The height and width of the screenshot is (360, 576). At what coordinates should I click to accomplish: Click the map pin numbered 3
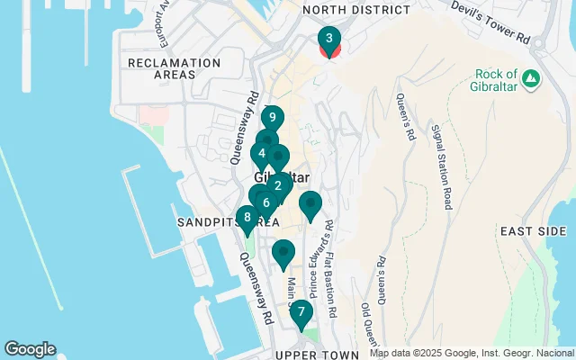coord(329,40)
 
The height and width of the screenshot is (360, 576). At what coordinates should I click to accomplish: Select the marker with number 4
coord(261,153)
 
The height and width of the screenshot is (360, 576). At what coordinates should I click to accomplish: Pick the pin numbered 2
coord(277,186)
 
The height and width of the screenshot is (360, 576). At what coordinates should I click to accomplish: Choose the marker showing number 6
coord(266,202)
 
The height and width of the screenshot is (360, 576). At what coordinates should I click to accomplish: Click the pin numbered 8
coord(247,217)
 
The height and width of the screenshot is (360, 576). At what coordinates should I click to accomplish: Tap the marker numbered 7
coord(301,313)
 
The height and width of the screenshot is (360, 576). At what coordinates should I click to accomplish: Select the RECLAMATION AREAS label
coord(174,68)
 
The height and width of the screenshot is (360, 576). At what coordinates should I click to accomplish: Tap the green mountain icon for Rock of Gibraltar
coord(531,78)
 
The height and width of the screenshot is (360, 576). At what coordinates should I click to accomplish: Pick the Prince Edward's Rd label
coord(318,262)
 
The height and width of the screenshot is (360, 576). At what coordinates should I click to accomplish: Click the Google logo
coord(30,349)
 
